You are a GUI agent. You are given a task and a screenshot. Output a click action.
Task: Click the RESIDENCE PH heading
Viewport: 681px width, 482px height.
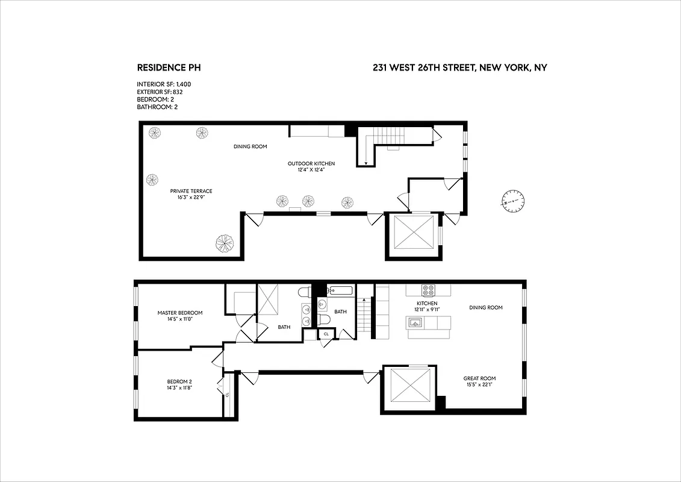(x=173, y=68)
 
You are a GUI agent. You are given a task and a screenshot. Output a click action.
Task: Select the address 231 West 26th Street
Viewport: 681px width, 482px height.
(x=459, y=68)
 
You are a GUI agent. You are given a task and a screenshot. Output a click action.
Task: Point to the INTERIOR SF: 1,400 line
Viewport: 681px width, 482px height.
(x=164, y=84)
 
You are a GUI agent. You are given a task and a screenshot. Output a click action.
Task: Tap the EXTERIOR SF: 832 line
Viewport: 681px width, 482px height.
(x=160, y=92)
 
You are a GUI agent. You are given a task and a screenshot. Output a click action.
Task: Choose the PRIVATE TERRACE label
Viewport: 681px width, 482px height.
(x=191, y=191)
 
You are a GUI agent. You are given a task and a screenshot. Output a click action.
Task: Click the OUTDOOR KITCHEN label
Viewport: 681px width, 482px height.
(x=311, y=163)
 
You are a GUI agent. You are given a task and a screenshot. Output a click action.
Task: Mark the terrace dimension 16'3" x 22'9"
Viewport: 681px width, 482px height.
(x=191, y=198)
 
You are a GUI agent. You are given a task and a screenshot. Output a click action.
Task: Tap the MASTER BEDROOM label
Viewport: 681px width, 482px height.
(x=180, y=313)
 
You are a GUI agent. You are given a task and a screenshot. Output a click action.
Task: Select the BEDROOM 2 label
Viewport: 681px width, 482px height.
(x=179, y=381)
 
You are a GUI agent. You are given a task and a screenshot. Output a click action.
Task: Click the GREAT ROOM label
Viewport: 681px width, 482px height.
(x=480, y=378)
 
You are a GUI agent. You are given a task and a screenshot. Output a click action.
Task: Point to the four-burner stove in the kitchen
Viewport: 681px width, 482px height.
(x=428, y=290)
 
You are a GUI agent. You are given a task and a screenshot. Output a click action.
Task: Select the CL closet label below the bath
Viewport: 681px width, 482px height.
(x=326, y=333)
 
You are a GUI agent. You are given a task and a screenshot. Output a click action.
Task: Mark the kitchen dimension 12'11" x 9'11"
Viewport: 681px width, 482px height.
(x=428, y=310)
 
